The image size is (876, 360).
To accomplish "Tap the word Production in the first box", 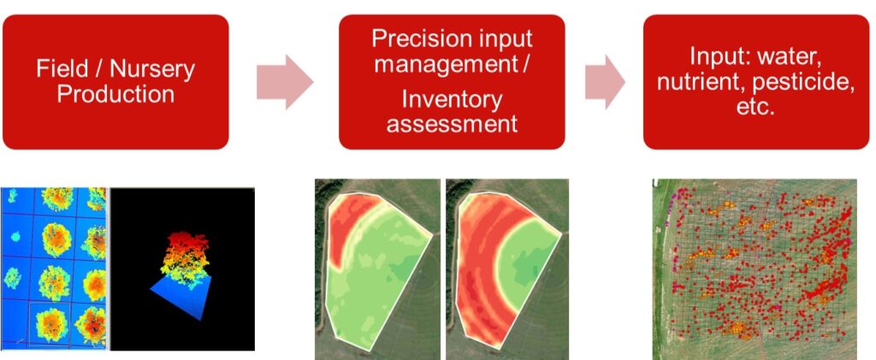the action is [x=115, y=94].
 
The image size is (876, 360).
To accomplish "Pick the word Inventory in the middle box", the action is [x=452, y=100].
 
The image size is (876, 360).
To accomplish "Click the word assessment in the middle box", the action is [x=452, y=123].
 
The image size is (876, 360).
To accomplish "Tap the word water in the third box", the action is [x=793, y=57].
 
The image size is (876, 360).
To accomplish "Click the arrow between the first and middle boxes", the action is [x=285, y=82].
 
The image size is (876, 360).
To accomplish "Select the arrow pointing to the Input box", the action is [x=605, y=82].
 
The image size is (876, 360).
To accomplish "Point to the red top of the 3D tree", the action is [x=185, y=242].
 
